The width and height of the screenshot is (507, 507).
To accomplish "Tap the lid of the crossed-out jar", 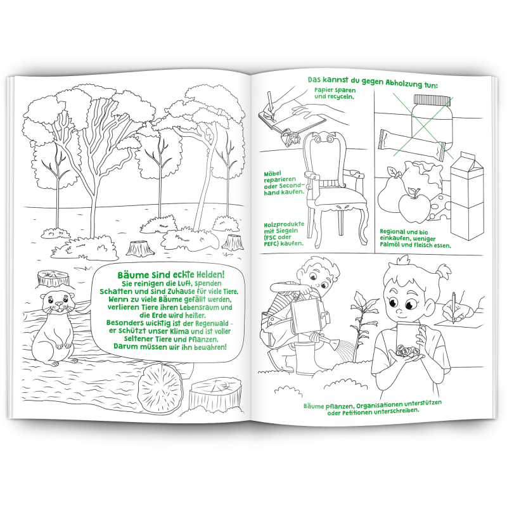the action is (432, 99).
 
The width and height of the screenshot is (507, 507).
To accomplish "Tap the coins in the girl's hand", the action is (407, 350).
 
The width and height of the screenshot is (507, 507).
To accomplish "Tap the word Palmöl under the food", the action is (391, 245).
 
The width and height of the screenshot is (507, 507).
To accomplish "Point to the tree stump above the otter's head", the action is (53, 278).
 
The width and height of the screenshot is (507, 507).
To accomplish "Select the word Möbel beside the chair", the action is (273, 174).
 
